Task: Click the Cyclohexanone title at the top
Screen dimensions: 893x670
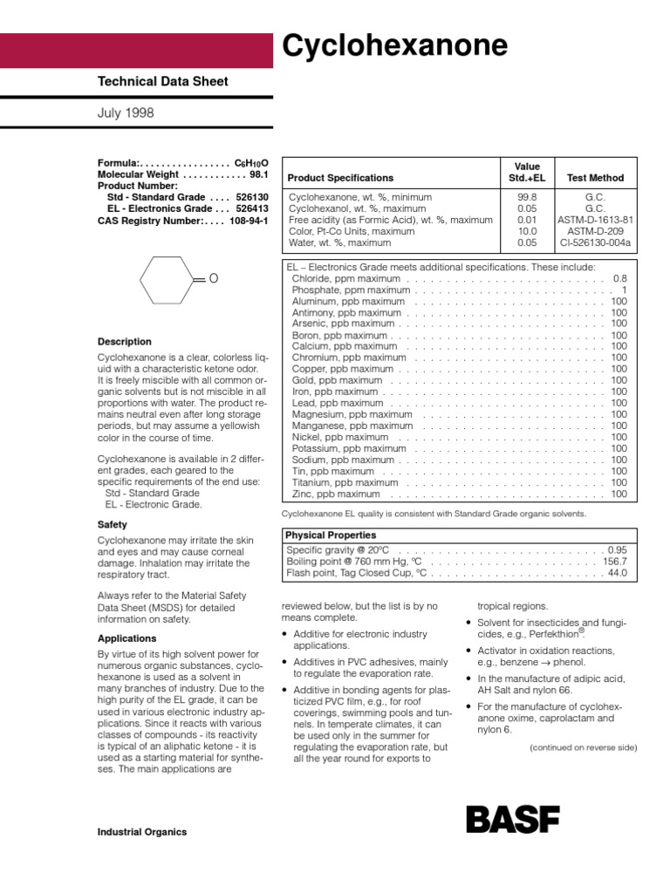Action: tap(393, 45)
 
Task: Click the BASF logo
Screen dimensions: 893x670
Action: tap(512, 819)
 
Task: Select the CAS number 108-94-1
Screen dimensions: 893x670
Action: tap(249, 221)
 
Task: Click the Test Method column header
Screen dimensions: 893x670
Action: tap(595, 178)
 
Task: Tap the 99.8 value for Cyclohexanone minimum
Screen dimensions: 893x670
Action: tap(527, 198)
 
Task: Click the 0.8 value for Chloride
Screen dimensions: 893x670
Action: tap(619, 278)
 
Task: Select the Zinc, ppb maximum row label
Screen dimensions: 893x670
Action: tap(336, 494)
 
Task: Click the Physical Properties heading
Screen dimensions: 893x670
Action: tap(332, 535)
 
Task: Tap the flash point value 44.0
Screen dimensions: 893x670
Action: tap(617, 573)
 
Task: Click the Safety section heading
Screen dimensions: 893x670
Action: tap(113, 525)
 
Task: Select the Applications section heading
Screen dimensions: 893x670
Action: tap(127, 638)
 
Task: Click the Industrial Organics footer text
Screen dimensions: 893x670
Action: tap(142, 832)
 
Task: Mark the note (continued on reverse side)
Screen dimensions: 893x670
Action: tap(583, 747)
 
